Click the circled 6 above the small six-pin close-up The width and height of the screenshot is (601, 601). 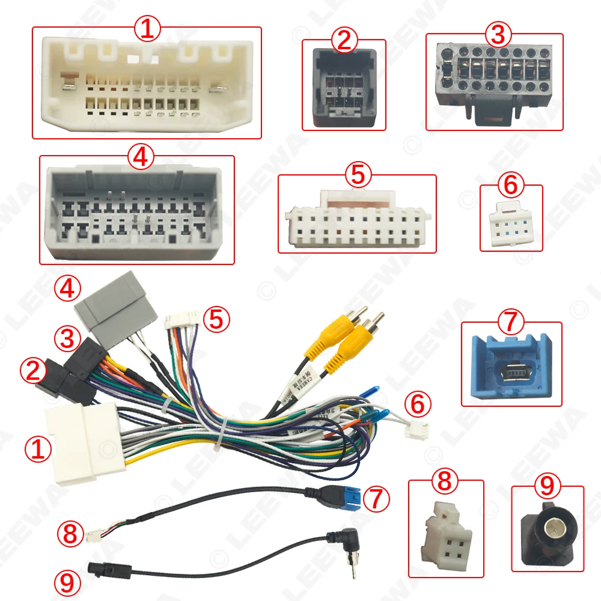tap(510, 185)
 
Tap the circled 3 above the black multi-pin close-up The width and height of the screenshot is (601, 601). tap(497, 35)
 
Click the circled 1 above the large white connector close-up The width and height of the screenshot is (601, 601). tap(147, 28)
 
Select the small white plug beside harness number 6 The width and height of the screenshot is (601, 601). tap(414, 430)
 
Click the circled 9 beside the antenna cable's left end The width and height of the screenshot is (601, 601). tap(67, 582)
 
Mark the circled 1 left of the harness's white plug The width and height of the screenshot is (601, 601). tap(38, 449)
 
